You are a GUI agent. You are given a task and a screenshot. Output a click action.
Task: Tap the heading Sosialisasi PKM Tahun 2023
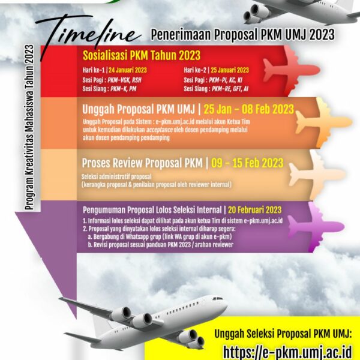point(142,55)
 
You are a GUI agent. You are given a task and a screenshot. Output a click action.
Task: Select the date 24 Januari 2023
point(128,70)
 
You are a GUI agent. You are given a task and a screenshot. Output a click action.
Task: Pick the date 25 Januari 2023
point(230,70)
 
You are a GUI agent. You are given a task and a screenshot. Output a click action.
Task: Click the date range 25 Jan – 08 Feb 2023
point(248,109)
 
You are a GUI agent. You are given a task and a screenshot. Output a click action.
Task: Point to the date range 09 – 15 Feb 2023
point(247,163)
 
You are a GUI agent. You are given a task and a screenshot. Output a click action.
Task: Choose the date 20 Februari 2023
point(254,210)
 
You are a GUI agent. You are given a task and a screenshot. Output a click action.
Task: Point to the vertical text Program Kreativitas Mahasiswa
point(29,127)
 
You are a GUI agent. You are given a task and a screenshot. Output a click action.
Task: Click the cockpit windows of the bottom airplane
point(218,298)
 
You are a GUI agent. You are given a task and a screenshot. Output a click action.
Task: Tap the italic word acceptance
point(160,130)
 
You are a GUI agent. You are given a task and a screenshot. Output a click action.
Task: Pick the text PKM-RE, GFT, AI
point(230,89)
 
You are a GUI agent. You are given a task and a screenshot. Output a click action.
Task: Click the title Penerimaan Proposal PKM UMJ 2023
point(242,35)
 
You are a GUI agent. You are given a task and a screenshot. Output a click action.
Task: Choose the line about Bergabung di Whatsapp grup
point(160,236)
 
